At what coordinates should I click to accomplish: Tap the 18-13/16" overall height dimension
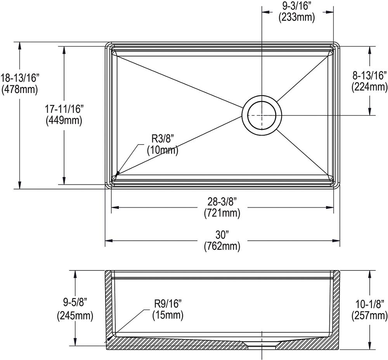(x=20, y=78)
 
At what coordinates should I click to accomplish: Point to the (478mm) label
(x=20, y=90)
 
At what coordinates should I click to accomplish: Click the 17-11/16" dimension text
(x=64, y=109)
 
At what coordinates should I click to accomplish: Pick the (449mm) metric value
(x=64, y=121)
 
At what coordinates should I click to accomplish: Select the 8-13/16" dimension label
(x=369, y=75)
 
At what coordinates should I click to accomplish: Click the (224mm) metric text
(x=369, y=87)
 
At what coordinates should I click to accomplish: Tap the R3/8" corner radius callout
(x=163, y=139)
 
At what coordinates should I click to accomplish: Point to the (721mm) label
(x=222, y=212)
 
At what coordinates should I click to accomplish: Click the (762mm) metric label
(x=222, y=246)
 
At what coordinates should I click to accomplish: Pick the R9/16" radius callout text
(x=168, y=303)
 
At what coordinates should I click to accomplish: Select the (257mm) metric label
(x=369, y=316)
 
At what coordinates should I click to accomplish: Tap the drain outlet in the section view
(x=262, y=344)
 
